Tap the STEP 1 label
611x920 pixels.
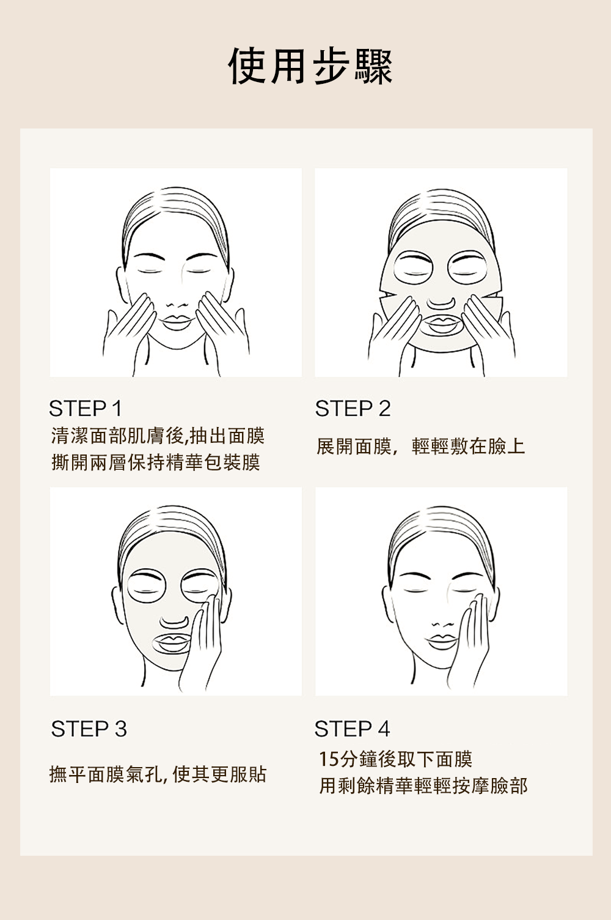86,408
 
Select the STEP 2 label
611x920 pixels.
353,409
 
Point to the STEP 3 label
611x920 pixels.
89,729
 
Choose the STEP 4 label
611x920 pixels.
352,729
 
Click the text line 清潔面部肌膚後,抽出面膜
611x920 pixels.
158,436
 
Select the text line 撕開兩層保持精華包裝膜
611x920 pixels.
156,462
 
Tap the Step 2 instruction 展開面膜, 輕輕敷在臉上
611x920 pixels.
420,446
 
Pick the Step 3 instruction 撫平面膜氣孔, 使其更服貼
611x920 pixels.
158,774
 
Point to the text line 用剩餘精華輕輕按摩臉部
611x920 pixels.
423,785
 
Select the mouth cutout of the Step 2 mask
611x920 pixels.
441,324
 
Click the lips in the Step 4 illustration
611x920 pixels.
441,641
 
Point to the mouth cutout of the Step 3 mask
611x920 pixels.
172,643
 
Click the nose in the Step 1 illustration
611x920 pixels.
177,305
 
